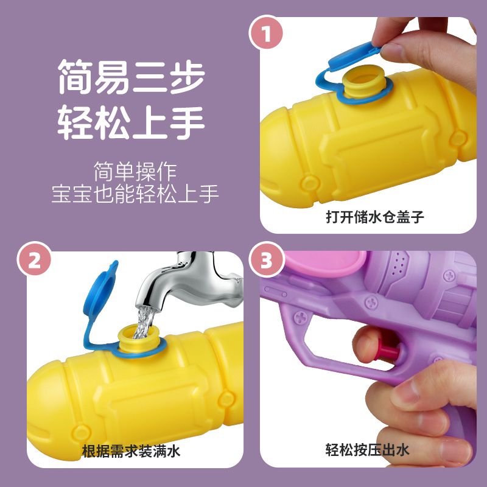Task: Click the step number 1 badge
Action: point(266,33)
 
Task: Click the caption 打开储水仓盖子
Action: point(375,217)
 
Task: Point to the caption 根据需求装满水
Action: point(131,450)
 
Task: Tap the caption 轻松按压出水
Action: point(368,449)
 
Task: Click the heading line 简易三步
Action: point(131,77)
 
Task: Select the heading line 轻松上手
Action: point(131,123)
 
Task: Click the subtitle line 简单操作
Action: point(135,171)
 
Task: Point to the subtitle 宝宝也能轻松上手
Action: point(135,194)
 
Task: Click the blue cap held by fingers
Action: point(354,56)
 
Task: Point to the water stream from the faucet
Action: point(144,321)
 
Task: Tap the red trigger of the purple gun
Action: point(388,351)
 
